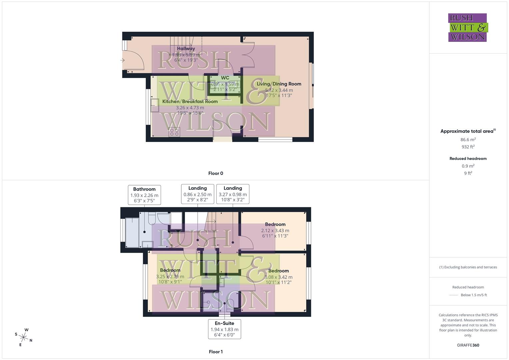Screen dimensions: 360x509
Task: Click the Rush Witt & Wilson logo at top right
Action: coord(467,27)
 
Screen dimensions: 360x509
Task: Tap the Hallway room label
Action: coord(186,49)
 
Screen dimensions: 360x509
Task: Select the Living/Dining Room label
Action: coord(279,84)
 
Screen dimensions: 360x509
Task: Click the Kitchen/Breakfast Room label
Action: coord(190,101)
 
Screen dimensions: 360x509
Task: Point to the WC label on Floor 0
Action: coord(225,78)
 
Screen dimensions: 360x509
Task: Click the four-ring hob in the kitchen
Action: coord(174,132)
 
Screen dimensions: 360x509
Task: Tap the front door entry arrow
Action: coord(122,60)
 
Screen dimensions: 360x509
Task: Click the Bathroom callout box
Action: coord(144,195)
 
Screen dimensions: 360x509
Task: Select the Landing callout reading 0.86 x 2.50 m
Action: coord(197,194)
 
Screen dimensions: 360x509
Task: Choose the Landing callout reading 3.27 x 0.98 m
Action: coord(233,194)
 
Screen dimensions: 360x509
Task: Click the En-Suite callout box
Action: coord(224,329)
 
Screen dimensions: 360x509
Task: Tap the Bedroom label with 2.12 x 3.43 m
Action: coord(275,224)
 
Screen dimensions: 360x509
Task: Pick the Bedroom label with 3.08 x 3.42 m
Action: coord(278,271)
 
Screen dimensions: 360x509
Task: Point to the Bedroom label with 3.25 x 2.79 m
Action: coord(170,270)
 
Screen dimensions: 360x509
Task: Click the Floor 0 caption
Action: coord(216,173)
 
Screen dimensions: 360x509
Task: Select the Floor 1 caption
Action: coord(216,352)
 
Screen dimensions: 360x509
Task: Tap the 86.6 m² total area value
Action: coord(468,140)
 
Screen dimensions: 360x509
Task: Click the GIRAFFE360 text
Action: coord(468,345)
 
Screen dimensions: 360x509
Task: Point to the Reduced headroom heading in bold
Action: coord(468,159)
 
